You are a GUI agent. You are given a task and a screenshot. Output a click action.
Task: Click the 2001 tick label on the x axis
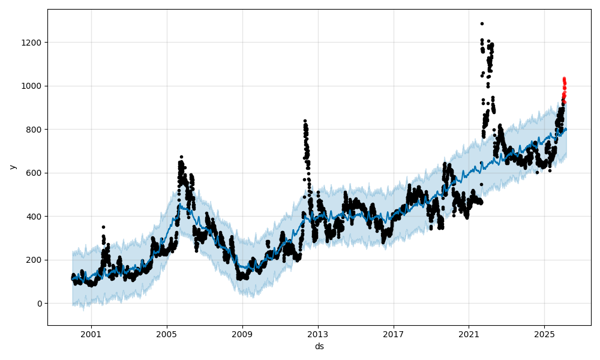point(91,334)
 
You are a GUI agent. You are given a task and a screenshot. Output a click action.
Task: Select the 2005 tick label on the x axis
point(167,334)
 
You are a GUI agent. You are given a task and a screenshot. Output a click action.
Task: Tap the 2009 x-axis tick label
point(242,334)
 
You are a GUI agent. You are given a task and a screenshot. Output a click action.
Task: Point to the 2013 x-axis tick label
point(318,334)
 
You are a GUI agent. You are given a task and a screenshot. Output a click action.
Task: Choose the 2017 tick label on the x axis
point(394,334)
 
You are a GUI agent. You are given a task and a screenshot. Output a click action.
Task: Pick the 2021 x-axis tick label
point(469,334)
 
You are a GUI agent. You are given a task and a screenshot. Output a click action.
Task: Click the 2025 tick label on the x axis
point(544,334)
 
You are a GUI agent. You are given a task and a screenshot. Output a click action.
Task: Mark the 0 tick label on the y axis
point(40,304)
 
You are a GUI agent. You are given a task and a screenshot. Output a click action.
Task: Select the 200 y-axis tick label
point(35,260)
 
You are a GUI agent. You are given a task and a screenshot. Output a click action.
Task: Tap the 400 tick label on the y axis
point(35,217)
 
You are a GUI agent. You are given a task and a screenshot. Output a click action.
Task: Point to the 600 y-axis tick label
point(35,173)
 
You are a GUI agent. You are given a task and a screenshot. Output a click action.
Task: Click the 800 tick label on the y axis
point(35,130)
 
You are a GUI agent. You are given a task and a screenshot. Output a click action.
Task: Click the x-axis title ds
point(319,346)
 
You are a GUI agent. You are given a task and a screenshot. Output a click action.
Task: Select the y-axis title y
point(12,167)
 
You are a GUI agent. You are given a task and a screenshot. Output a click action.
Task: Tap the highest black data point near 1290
point(482,23)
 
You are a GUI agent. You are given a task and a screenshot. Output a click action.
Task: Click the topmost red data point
point(564,78)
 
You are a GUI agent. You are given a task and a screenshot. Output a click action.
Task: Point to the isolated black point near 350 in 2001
point(103,227)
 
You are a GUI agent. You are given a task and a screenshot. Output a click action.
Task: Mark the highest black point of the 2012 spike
point(305,121)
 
